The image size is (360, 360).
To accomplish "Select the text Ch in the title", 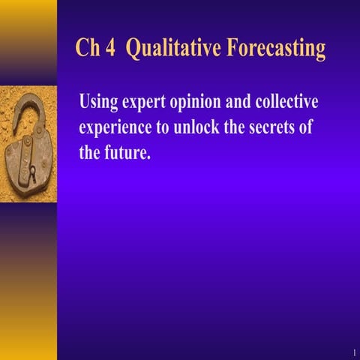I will click(87, 49).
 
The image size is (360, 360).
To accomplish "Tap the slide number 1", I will click(352, 352).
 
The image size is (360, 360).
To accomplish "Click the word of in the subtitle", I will click(304, 127).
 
